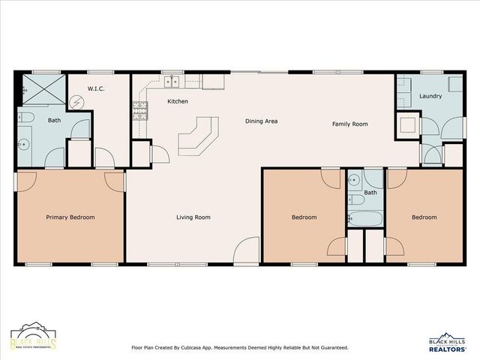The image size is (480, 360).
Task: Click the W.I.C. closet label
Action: [x=95, y=88]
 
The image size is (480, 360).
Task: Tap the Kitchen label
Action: [x=178, y=101]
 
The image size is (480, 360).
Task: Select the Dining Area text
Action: [x=262, y=121]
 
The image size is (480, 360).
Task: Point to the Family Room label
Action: [x=350, y=124]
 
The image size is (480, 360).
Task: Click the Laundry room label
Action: [x=430, y=96]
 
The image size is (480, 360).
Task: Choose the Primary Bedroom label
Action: [x=70, y=217]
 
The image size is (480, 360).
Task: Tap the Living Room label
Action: [x=193, y=217]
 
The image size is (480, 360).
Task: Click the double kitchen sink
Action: [x=172, y=81]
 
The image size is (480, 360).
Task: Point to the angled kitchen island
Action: [x=197, y=136]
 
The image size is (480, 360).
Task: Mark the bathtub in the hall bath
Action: [x=364, y=218]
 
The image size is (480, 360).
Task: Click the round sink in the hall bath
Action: [x=353, y=181]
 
